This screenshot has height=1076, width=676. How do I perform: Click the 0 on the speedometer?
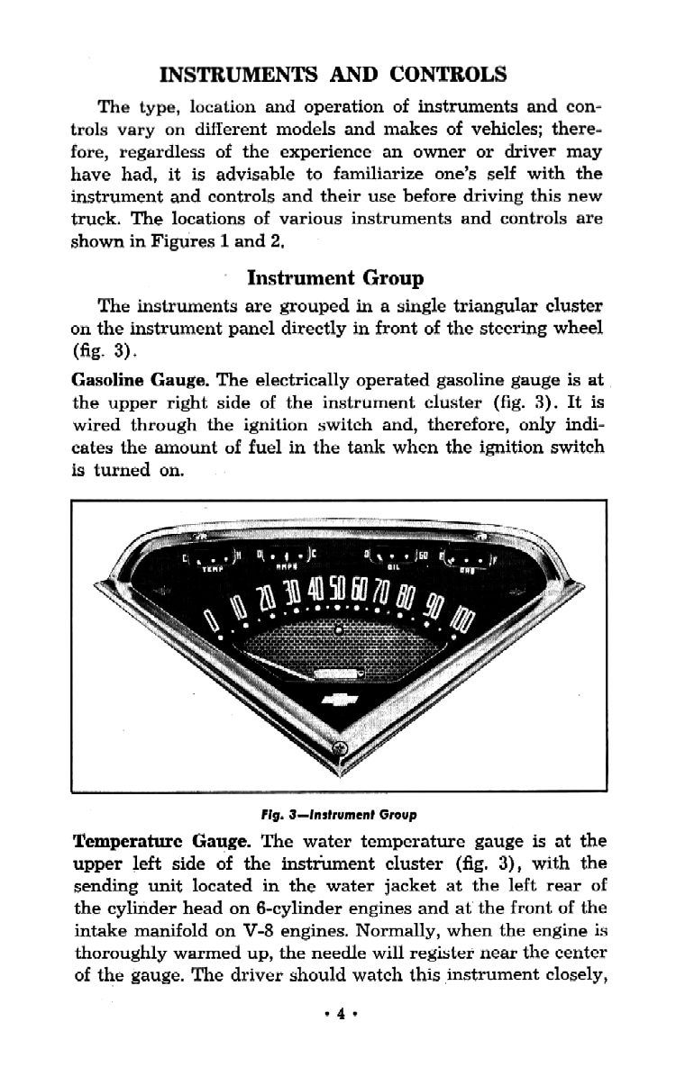click(212, 620)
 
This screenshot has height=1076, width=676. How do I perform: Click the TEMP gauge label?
click(213, 568)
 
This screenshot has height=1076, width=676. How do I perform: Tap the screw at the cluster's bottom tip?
click(340, 748)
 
